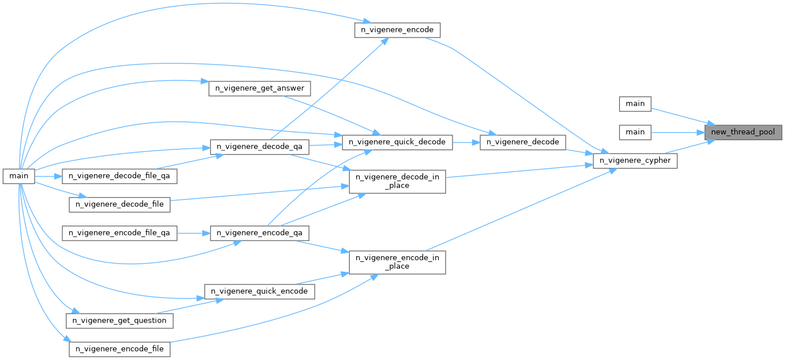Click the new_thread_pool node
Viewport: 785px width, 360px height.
pos(743,132)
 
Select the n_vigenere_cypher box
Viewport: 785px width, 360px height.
pos(635,161)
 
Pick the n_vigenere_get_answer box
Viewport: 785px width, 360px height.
pos(259,89)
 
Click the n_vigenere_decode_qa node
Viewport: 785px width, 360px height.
pos(259,147)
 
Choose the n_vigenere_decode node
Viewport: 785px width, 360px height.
pos(523,141)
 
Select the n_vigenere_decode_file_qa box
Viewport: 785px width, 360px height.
pos(119,175)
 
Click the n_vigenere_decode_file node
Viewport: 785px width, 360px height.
pos(119,204)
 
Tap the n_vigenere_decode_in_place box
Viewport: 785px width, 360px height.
pos(397,181)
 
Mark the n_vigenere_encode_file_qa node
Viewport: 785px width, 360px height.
pos(119,233)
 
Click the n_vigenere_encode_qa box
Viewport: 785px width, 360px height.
pos(259,233)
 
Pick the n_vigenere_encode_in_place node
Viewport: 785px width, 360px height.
pos(397,262)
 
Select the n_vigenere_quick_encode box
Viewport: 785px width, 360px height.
pos(259,291)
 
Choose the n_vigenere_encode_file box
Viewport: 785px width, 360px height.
pos(119,349)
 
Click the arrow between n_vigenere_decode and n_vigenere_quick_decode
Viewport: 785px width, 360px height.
pos(466,141)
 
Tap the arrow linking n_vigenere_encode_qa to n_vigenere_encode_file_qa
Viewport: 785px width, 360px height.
pos(193,233)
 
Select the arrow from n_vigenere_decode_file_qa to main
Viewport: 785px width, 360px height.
pos(50,175)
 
